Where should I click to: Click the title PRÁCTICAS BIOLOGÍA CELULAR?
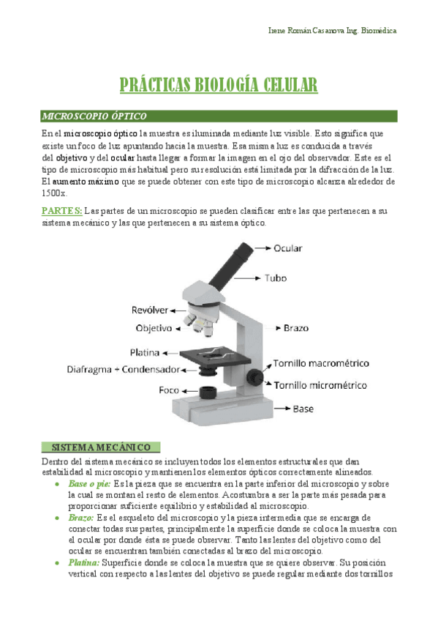click(219, 86)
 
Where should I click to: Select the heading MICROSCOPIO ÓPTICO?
click(94, 116)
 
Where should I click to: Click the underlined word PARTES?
click(61, 211)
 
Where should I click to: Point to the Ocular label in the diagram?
click(287, 248)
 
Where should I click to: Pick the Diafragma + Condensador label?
click(123, 369)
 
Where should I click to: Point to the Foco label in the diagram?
click(170, 390)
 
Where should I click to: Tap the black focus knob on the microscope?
click(254, 376)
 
